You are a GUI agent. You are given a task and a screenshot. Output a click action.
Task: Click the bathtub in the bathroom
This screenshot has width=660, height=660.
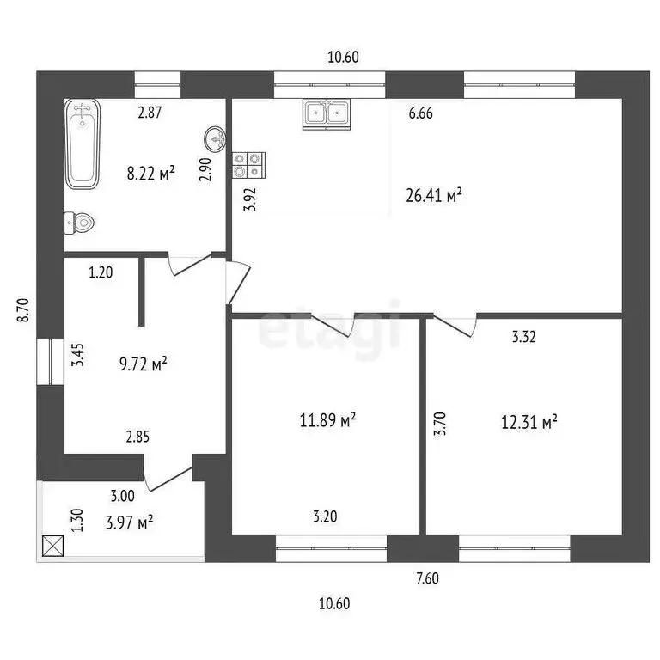83,144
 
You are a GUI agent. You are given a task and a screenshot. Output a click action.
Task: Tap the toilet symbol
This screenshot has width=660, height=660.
79,223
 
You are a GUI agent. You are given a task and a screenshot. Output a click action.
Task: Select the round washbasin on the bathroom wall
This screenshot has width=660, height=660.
216,137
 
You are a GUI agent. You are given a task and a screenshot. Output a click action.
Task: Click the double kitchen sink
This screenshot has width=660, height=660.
326,114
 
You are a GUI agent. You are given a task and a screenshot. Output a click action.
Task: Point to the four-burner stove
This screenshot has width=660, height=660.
248,164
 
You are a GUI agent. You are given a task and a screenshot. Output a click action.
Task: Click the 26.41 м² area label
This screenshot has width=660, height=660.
434,195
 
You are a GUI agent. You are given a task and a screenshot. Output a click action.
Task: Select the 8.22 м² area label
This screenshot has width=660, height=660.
151,173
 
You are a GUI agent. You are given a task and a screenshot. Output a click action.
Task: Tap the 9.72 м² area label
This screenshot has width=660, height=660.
142,365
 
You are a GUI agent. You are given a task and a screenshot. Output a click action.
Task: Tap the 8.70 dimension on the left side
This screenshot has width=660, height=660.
23,309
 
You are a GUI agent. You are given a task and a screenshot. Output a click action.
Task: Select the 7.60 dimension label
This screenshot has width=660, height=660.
427,578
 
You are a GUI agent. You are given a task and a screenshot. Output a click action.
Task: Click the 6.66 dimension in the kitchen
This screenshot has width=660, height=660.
420,113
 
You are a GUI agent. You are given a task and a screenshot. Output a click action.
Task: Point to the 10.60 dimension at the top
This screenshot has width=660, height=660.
343,58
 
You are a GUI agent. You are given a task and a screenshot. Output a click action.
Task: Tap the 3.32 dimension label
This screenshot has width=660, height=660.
523,338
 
